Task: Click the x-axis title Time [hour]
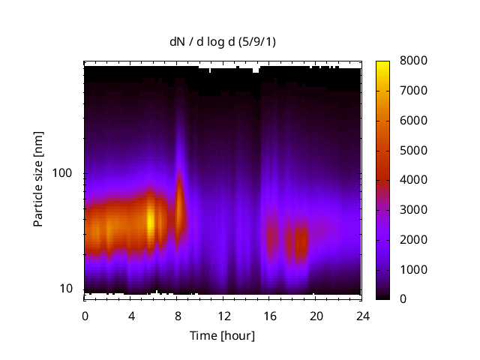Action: [222, 335]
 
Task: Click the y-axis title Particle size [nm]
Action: [38, 180]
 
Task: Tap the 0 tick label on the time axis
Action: [85, 316]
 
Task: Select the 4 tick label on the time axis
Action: [131, 316]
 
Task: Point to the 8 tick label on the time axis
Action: [177, 316]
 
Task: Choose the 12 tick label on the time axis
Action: [223, 316]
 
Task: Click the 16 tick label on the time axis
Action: [269, 316]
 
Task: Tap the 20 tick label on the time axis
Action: [316, 316]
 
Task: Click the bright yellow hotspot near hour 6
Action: [150, 221]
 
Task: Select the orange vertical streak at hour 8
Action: [179, 199]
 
